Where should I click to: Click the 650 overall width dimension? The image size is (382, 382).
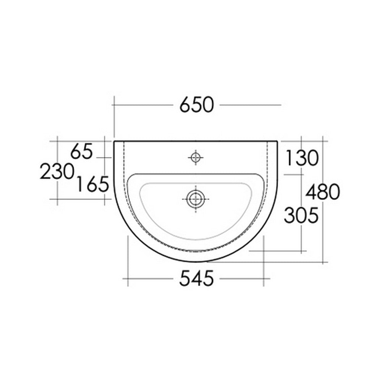point(196,105)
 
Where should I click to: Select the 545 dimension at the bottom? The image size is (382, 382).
point(196,279)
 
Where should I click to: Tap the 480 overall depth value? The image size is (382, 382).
point(323,193)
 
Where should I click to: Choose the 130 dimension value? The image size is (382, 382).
point(301,158)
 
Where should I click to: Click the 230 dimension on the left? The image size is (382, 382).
point(57,172)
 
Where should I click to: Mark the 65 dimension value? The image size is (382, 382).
point(82,152)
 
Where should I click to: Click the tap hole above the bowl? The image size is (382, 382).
point(196,157)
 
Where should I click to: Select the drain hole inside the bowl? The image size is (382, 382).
point(196,198)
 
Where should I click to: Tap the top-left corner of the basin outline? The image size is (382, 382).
point(115,141)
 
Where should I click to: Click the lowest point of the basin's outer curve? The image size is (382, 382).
point(196,263)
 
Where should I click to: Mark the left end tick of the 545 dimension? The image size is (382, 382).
point(128,278)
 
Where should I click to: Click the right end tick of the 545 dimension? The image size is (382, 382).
point(264,278)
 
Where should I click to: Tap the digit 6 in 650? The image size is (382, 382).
point(186,105)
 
